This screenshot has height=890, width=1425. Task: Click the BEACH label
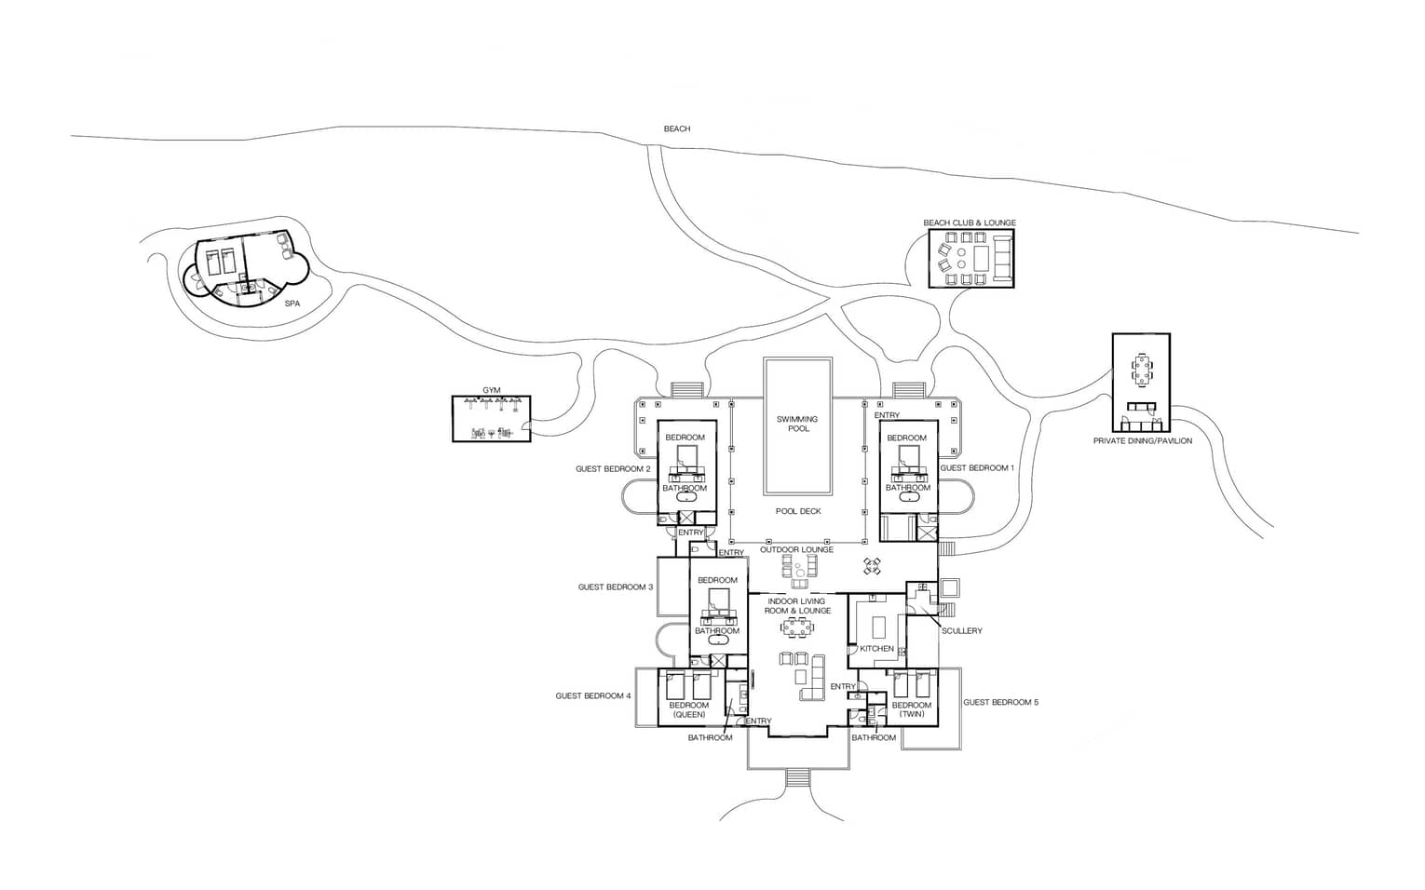click(677, 129)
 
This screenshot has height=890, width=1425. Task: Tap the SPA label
click(292, 303)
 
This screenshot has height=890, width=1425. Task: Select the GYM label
click(491, 390)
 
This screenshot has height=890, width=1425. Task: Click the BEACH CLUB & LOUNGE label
click(970, 223)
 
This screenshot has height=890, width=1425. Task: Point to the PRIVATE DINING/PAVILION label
click(1143, 441)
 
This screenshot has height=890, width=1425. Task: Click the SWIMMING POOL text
click(798, 424)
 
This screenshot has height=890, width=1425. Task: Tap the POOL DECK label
click(798, 511)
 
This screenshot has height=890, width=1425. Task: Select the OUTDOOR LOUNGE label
click(796, 550)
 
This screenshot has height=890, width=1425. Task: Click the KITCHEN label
click(876, 649)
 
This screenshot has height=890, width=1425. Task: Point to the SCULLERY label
click(962, 631)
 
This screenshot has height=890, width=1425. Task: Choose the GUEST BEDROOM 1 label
click(977, 468)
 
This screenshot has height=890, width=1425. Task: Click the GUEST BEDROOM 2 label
click(613, 469)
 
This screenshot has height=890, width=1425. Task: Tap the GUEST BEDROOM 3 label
click(615, 587)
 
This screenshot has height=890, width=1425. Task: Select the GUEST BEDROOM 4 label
click(593, 696)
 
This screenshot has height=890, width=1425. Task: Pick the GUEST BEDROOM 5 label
click(1000, 703)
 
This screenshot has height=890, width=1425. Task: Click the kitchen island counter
click(880, 627)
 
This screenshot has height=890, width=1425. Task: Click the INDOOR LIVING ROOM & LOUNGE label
click(797, 606)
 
